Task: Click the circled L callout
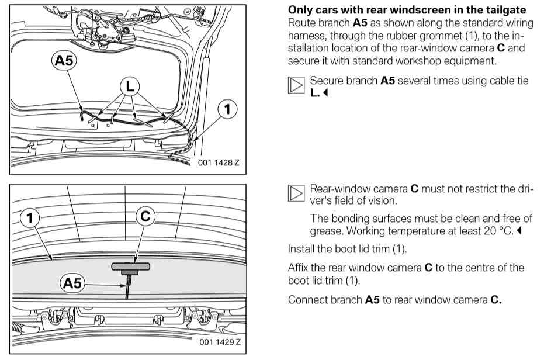[x=129, y=87]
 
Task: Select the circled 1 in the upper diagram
[x=227, y=109]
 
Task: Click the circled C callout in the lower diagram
[x=145, y=217]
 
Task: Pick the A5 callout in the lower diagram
[x=72, y=284]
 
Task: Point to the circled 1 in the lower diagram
[x=28, y=218]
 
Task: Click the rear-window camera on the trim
[x=130, y=266]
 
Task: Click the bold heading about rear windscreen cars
[x=407, y=11]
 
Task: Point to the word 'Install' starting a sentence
[x=301, y=249]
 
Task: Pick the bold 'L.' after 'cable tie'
[x=314, y=92]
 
